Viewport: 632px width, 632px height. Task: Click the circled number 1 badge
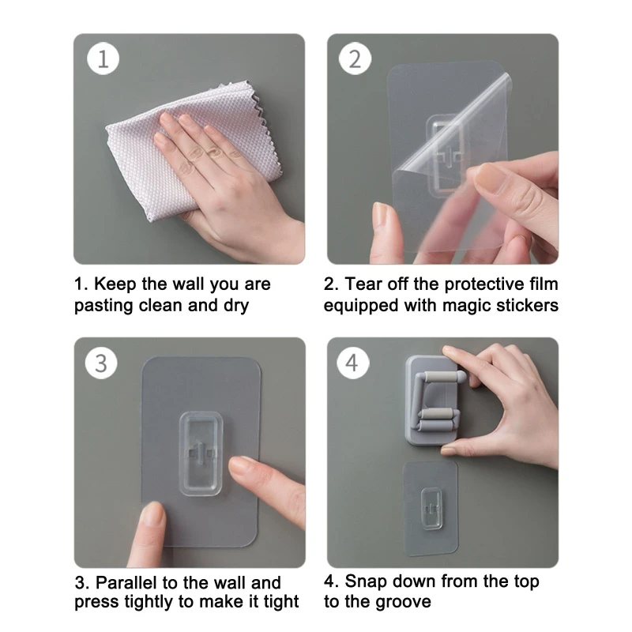103,58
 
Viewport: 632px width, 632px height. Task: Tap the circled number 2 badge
355,58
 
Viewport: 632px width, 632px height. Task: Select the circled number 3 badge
101,363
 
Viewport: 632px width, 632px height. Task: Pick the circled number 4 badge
352,363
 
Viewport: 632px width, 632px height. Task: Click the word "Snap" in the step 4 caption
366,582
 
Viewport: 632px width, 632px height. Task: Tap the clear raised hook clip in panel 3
201,453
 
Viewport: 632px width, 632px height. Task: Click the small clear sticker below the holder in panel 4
431,509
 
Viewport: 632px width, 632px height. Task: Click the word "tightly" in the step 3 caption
149,602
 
